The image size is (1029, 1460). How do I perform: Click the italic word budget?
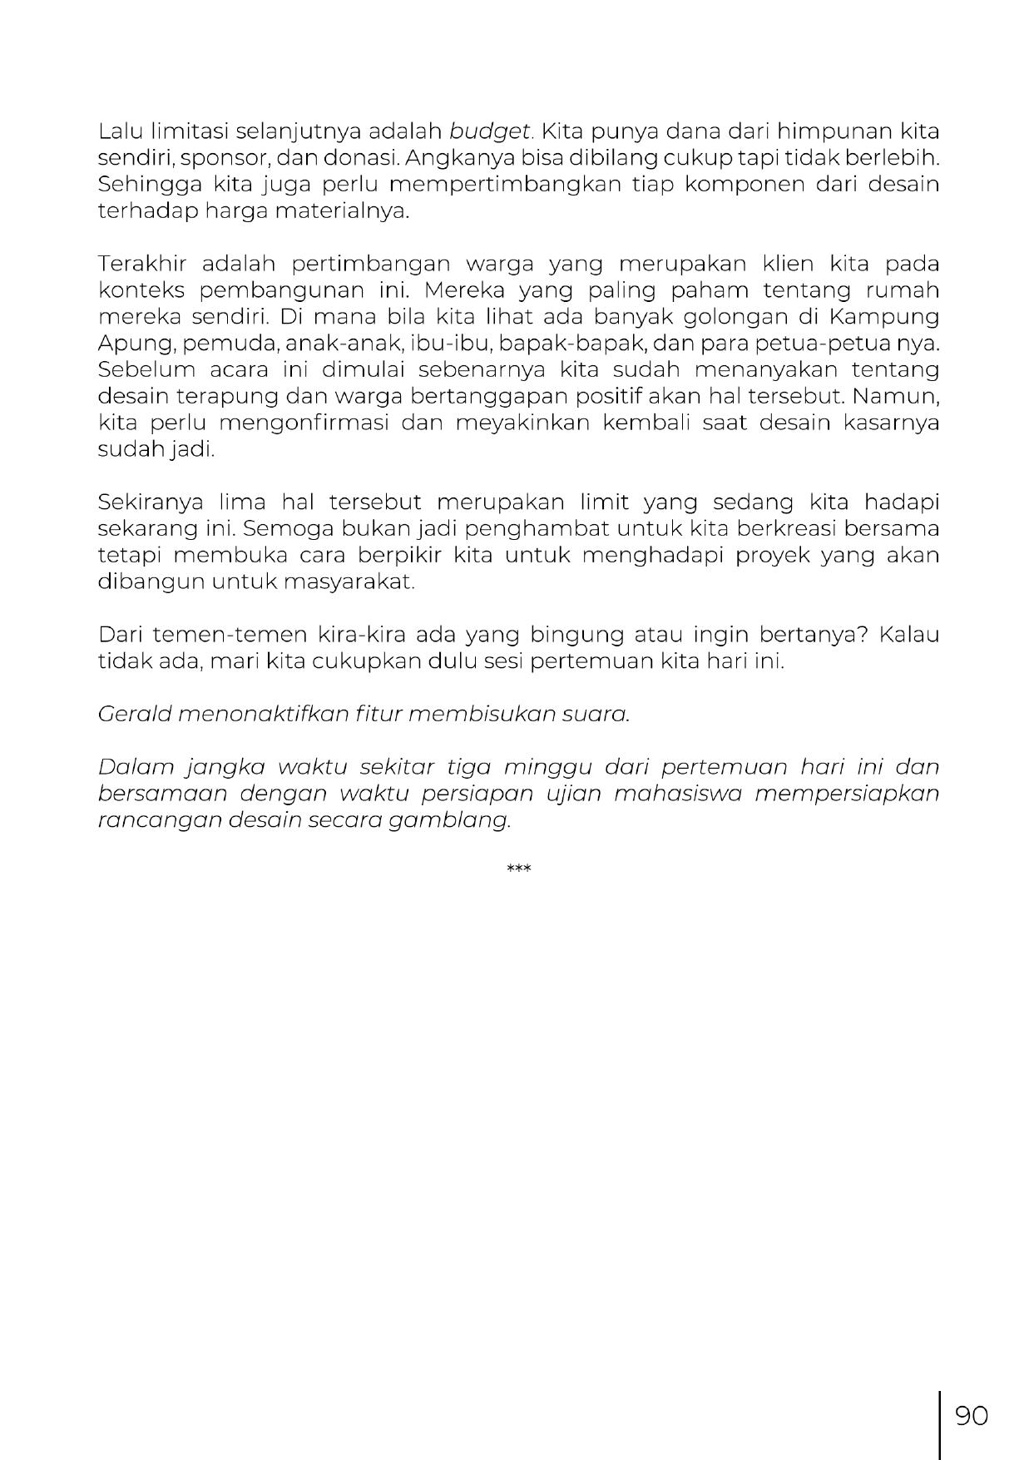(490, 131)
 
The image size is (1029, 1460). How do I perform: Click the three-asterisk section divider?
(518, 869)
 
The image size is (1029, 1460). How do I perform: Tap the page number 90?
(971, 1416)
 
